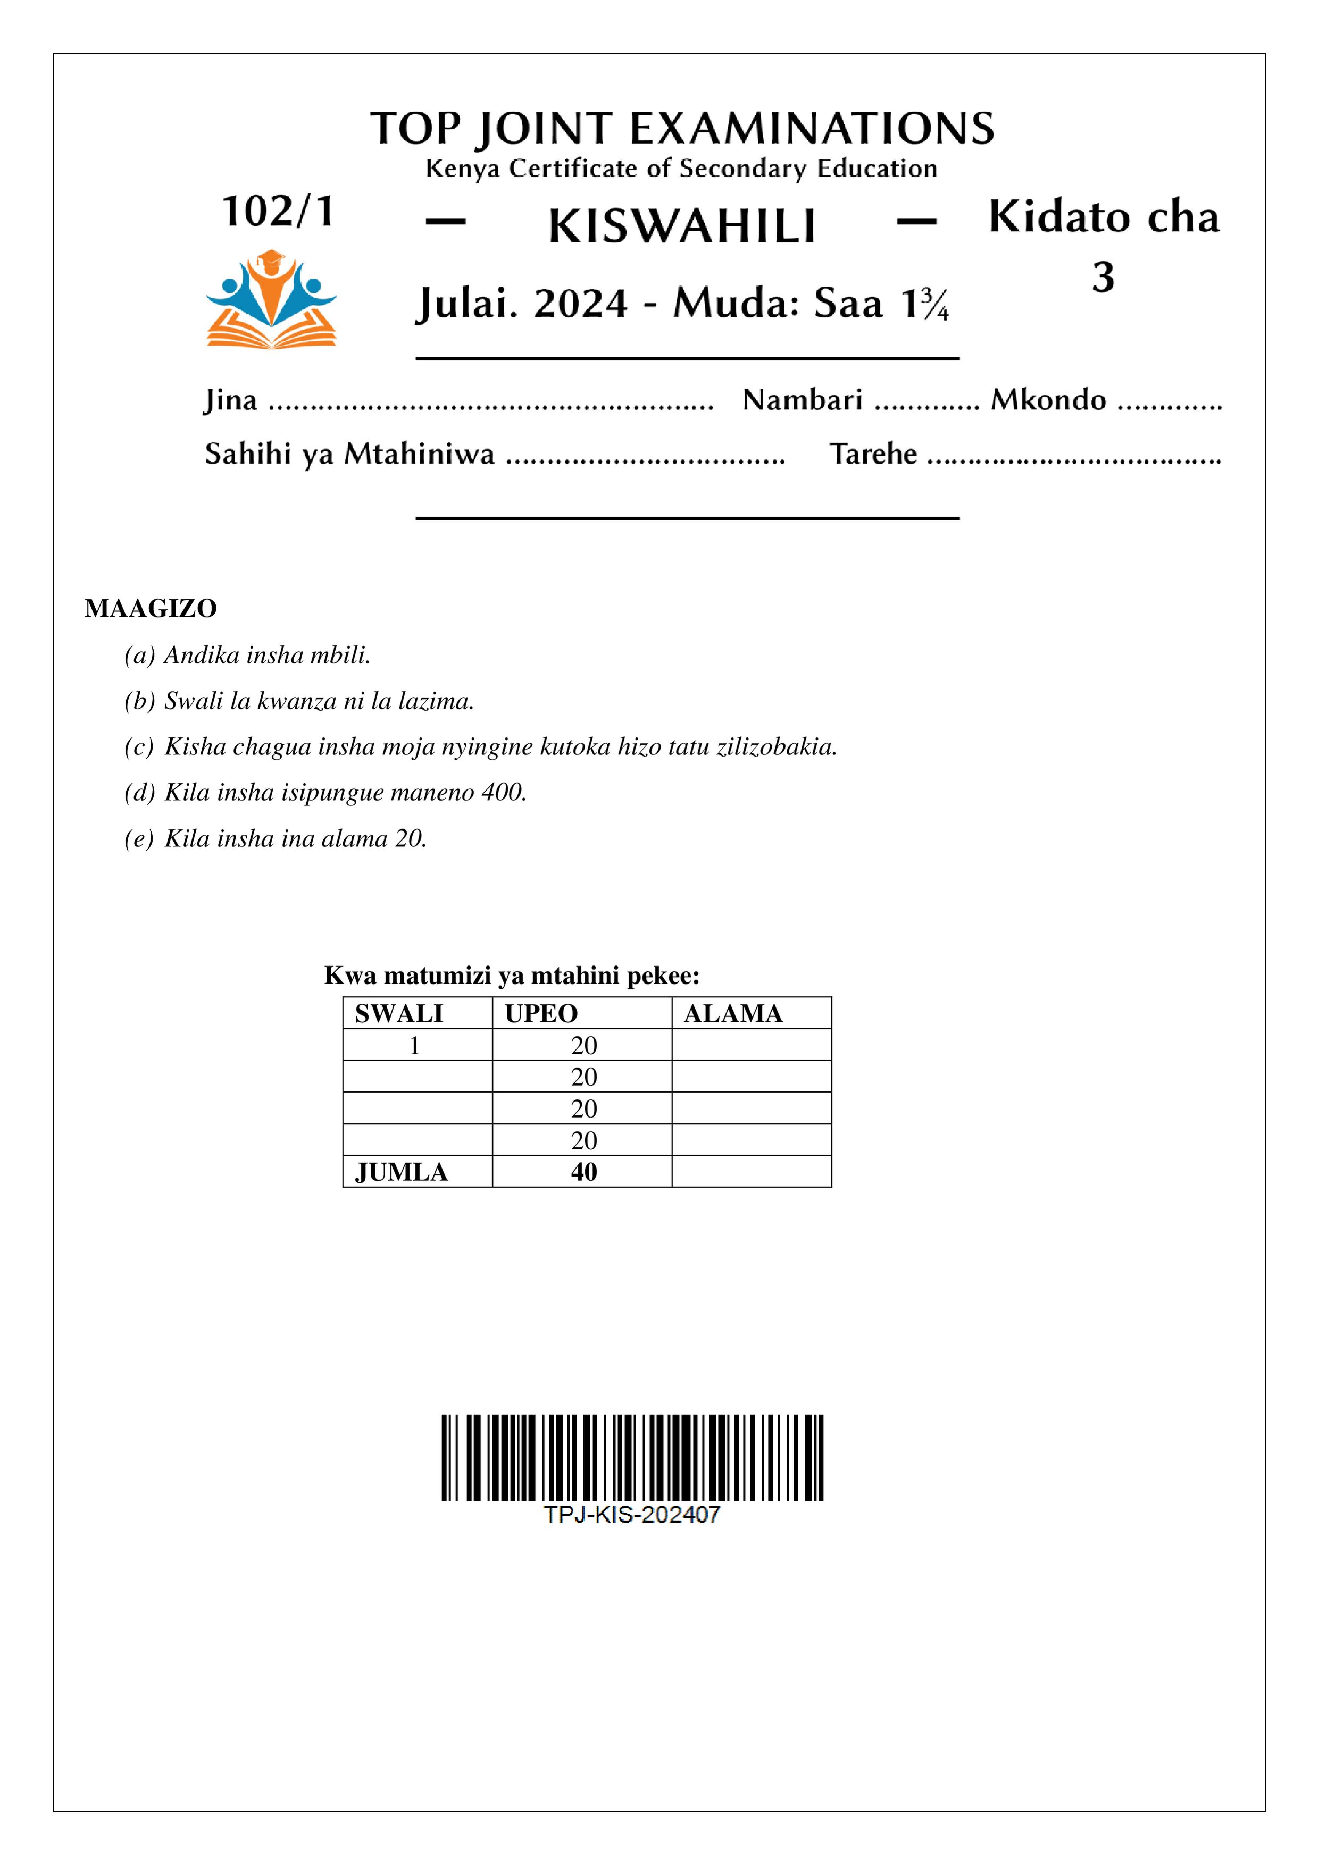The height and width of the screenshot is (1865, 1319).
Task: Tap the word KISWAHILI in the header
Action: click(682, 226)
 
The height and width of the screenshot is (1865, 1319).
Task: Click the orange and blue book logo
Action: click(271, 300)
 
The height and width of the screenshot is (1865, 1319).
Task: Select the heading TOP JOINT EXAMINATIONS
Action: click(682, 128)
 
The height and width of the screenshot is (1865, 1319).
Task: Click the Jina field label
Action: click(231, 400)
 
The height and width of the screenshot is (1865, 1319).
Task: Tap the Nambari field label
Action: click(802, 400)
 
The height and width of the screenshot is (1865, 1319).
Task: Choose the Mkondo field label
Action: click(1048, 400)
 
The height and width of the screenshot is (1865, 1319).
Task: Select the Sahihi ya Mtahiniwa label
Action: click(349, 453)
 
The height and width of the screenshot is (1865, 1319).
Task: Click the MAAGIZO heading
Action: click(151, 608)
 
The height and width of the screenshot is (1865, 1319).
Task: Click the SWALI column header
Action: click(399, 1014)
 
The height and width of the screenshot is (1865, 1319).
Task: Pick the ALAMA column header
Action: click(733, 1014)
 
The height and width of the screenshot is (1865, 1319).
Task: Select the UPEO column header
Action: click(541, 1014)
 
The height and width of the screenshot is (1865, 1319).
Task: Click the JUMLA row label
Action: click(402, 1172)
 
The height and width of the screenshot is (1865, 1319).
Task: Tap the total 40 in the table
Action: click(583, 1172)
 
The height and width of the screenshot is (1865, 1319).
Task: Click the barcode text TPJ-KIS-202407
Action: click(631, 1515)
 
